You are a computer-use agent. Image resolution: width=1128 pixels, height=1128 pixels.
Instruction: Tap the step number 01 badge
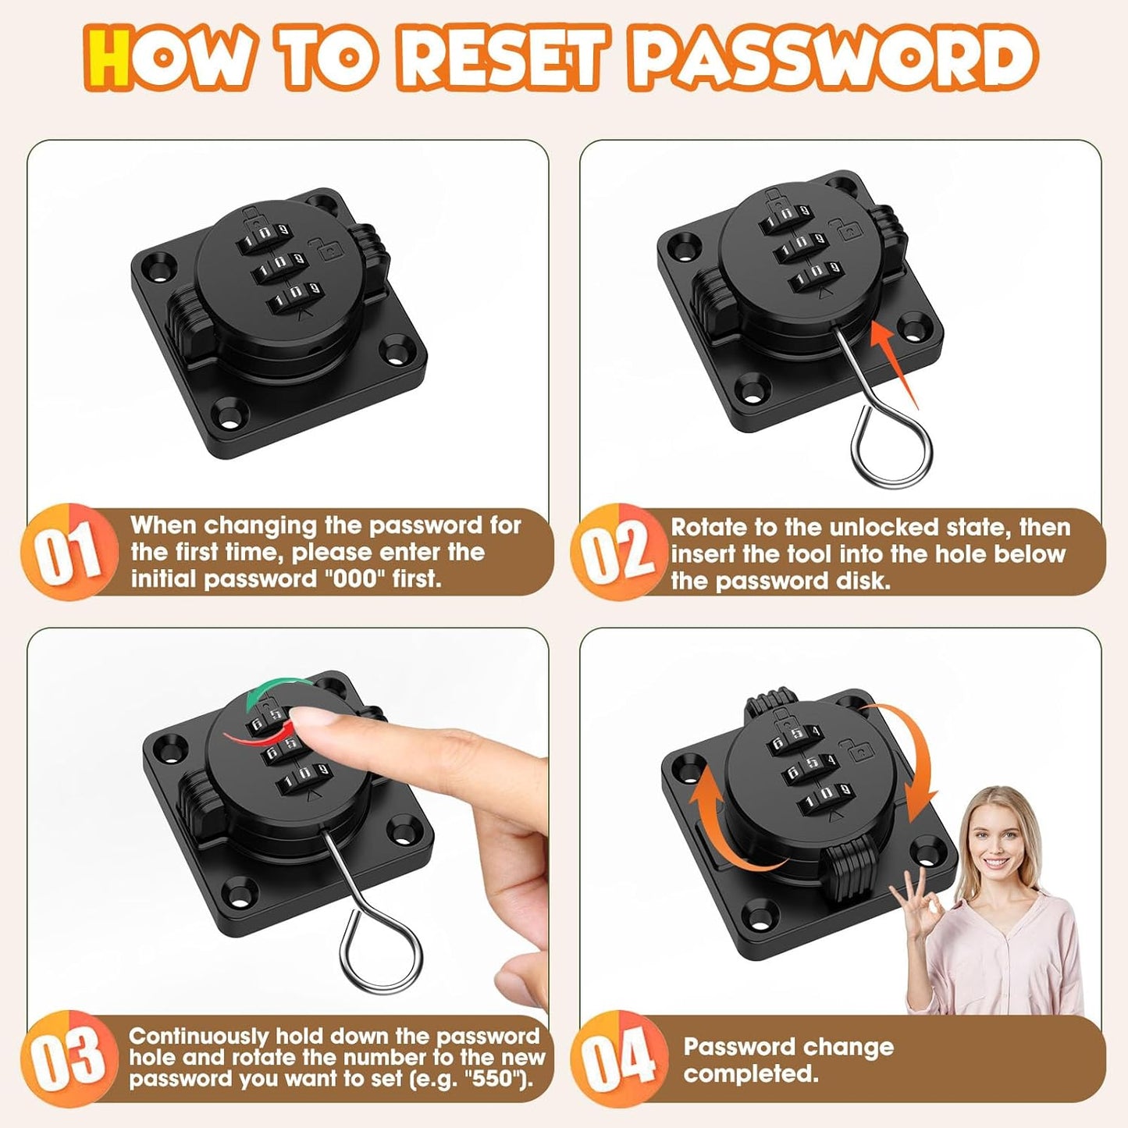(69, 553)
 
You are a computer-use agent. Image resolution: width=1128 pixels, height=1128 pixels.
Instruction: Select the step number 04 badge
(620, 1058)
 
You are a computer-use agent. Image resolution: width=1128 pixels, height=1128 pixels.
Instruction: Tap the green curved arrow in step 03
(273, 695)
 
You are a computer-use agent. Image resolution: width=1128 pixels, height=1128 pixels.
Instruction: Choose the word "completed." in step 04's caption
(750, 1073)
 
